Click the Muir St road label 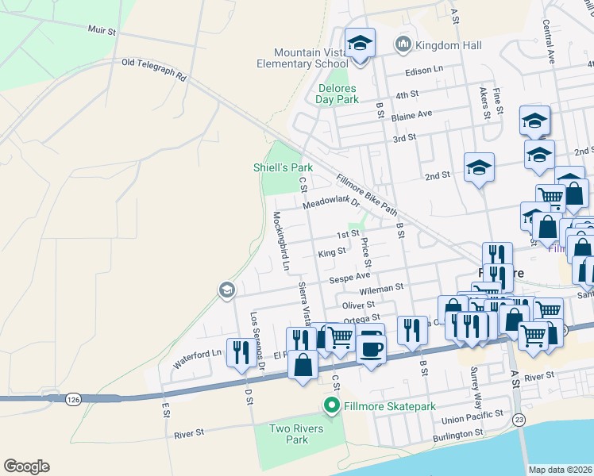click(102, 33)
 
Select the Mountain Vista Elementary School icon click(359, 44)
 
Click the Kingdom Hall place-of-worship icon click(403, 42)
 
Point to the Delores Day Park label click(337, 94)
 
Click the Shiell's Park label click(283, 167)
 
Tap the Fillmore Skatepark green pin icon click(331, 406)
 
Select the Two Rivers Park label click(288, 434)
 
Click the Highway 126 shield click(73, 397)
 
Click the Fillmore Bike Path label click(366, 195)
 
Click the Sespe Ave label click(350, 278)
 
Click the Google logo click(27, 466)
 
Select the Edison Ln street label click(424, 70)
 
